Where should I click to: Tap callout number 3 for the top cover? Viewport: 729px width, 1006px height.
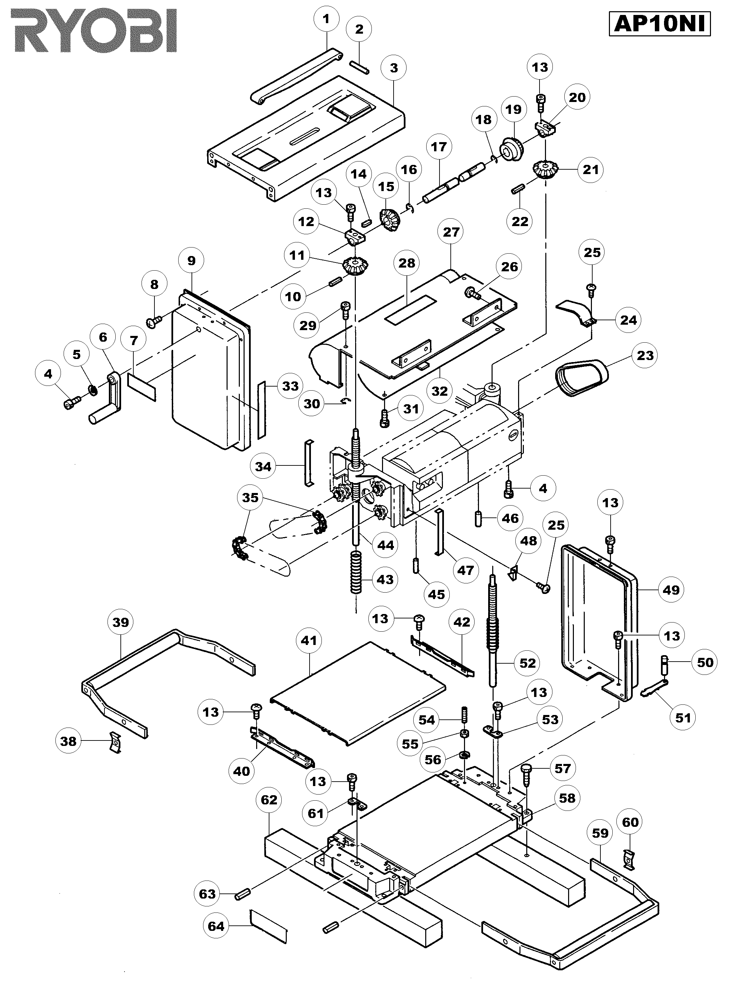(394, 68)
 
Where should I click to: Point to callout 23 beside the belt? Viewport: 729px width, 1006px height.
(645, 355)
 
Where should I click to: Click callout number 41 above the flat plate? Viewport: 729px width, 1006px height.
(309, 640)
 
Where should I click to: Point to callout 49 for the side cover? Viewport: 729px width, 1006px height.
(671, 590)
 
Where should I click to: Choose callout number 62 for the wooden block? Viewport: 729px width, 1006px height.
(269, 799)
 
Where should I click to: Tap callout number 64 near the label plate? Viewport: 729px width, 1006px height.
(216, 926)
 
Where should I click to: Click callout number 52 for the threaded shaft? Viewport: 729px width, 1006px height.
(527, 663)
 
